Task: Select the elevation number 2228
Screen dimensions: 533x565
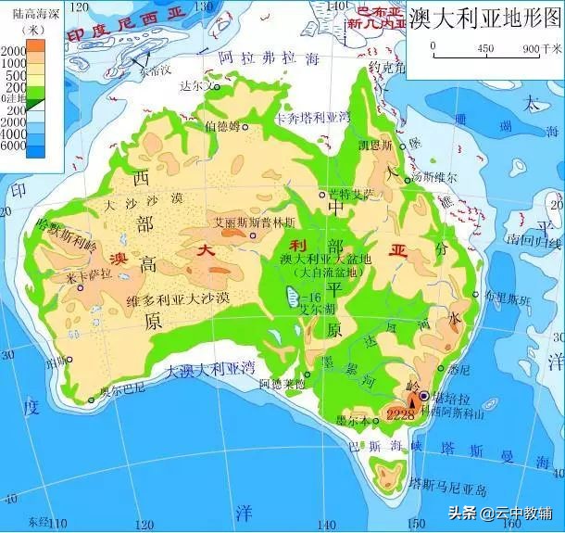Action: pos(400,413)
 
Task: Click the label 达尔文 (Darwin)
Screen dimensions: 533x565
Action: pos(195,84)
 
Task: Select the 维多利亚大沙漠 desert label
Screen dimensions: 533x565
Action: pos(182,299)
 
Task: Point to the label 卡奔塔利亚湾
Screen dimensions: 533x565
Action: pos(309,119)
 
